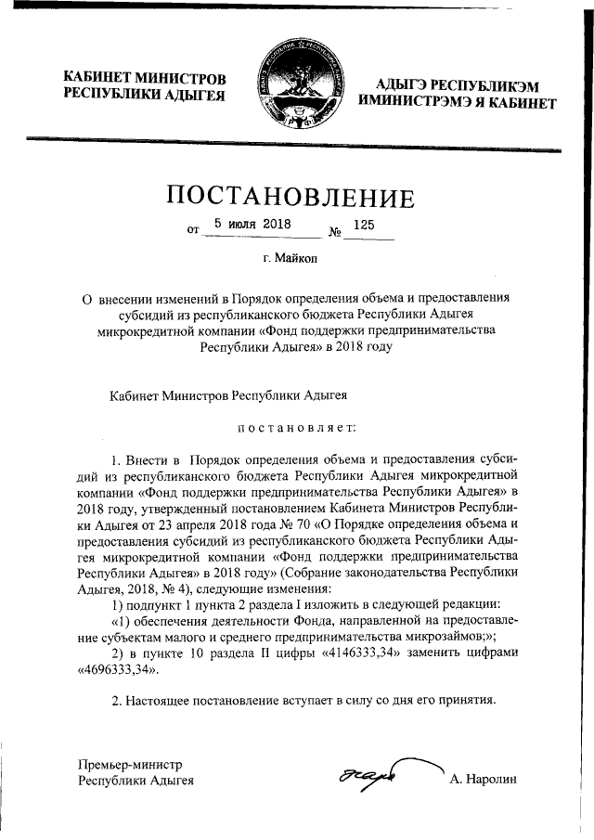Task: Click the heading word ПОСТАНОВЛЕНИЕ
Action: click(291, 196)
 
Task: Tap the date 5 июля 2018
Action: click(252, 224)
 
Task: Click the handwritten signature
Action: click(367, 773)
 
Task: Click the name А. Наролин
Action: click(483, 781)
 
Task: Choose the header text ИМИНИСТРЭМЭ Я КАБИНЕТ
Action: click(458, 103)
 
